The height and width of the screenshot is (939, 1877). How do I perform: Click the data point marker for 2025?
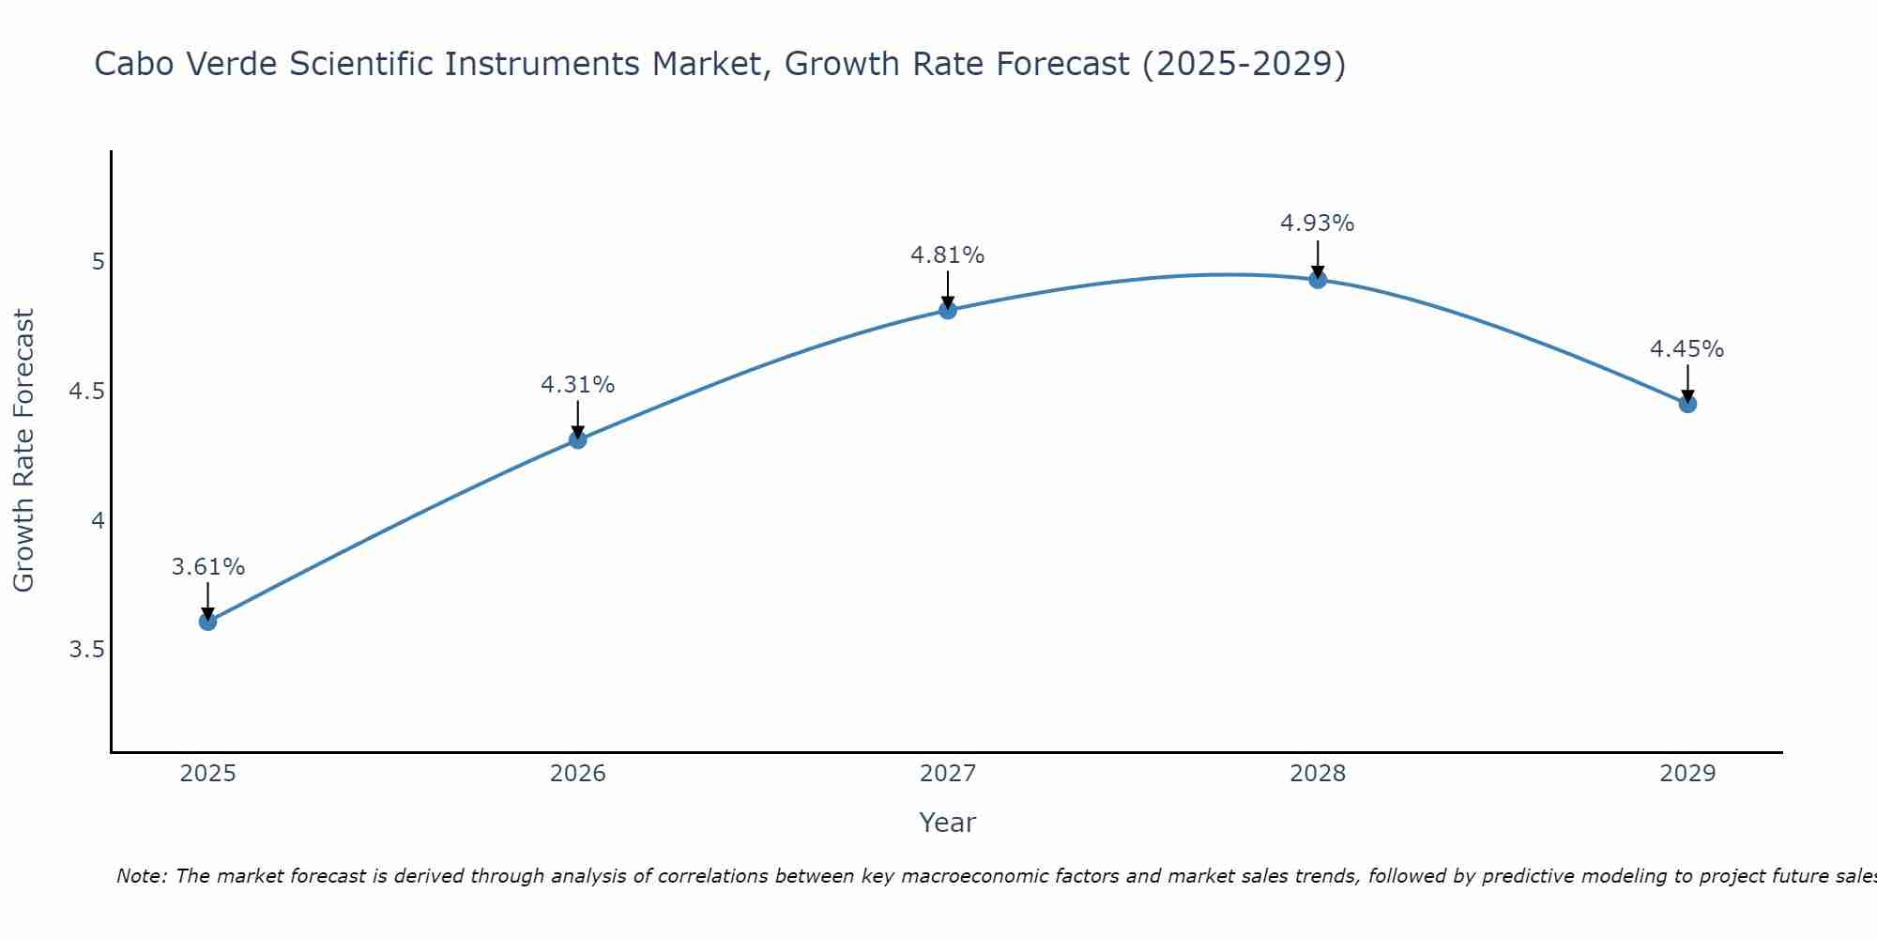tap(208, 621)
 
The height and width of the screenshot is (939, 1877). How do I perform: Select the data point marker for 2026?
tap(578, 439)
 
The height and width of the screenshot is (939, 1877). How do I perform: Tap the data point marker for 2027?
tap(948, 310)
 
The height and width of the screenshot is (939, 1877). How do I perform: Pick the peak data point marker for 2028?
tap(1318, 279)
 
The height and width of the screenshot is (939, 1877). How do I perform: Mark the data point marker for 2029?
tap(1687, 404)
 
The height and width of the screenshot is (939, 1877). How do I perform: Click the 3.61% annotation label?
tap(208, 567)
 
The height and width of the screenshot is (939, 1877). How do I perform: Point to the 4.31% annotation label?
tap(578, 385)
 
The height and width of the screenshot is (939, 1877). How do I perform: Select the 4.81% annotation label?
tap(948, 255)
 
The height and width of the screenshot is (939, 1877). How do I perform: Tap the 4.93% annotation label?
tap(1318, 223)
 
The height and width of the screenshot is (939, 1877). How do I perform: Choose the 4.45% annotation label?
tap(1687, 349)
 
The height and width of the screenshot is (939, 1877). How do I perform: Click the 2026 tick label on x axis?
tap(578, 774)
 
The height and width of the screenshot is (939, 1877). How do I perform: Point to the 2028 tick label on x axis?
tap(1318, 774)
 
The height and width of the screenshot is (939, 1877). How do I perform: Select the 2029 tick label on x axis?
tap(1687, 774)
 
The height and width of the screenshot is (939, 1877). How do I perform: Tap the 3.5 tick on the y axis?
tap(86, 650)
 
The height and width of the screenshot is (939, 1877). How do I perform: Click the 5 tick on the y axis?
tap(98, 261)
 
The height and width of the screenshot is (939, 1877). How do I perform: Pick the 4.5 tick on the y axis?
tap(86, 391)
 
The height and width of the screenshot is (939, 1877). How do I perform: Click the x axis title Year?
tap(948, 823)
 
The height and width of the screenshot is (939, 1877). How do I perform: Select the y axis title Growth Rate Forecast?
tap(24, 451)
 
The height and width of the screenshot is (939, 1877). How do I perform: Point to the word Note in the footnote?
tap(141, 876)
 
